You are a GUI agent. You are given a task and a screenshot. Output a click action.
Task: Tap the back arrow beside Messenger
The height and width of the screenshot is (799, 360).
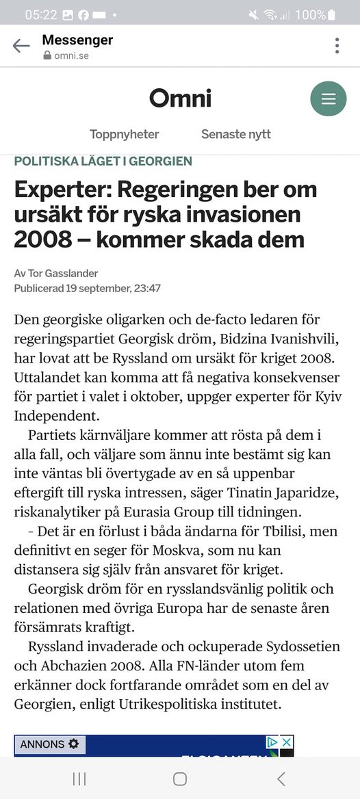pyautogui.click(x=21, y=46)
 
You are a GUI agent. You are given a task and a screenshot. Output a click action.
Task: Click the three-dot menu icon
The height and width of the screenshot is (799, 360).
pyautogui.click(x=337, y=46)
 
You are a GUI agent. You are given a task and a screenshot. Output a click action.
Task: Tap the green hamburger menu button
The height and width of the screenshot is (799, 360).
pyautogui.click(x=329, y=99)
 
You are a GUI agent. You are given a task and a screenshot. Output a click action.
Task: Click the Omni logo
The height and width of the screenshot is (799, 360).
pyautogui.click(x=180, y=99)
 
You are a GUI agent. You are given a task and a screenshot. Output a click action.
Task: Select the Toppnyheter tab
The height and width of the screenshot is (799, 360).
pyautogui.click(x=124, y=134)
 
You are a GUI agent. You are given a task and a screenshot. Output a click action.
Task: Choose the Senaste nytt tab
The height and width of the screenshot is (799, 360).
pyautogui.click(x=235, y=134)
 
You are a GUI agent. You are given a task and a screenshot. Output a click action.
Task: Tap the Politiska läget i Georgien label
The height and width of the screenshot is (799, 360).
pyautogui.click(x=103, y=161)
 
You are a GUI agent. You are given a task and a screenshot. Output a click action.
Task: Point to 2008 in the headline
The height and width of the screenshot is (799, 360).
pyautogui.click(x=42, y=239)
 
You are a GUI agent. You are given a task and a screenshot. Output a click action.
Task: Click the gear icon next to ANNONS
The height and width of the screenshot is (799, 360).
pyautogui.click(x=73, y=744)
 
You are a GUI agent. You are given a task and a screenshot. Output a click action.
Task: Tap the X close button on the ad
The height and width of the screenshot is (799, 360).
pyautogui.click(x=287, y=742)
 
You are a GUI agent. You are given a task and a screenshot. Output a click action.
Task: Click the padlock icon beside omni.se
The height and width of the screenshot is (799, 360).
pyautogui.click(x=47, y=56)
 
